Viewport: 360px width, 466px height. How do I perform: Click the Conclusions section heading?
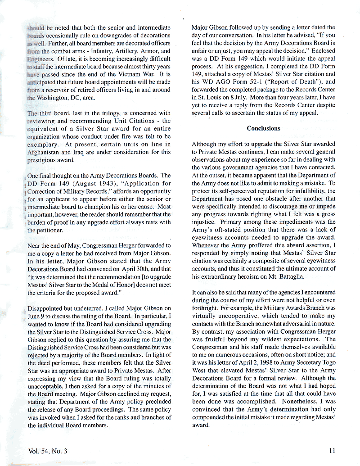click(263, 128)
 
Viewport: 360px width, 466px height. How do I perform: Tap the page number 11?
click(332, 449)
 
